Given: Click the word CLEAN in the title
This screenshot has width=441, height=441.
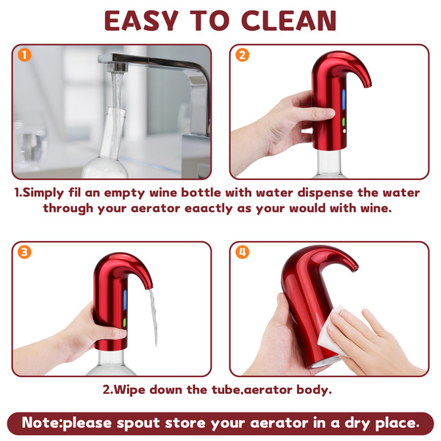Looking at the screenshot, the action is click(289, 21).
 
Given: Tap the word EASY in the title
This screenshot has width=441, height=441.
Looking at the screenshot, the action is click(141, 21).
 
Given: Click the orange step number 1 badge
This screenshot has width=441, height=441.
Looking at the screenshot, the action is click(24, 55).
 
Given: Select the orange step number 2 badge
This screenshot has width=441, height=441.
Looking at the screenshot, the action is click(242, 55).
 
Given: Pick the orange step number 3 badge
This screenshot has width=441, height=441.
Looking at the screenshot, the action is click(24, 252).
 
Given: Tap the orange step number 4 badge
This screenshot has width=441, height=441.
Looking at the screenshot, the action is click(242, 252).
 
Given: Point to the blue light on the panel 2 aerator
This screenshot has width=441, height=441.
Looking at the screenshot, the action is click(343, 100).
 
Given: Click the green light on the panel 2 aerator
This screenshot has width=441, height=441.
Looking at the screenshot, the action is click(344, 122).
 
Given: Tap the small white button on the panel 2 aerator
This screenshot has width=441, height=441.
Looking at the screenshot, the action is click(345, 131).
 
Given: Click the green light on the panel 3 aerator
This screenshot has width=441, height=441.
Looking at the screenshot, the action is click(124, 323).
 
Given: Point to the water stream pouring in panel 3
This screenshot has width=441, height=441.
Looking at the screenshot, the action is click(154, 318).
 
